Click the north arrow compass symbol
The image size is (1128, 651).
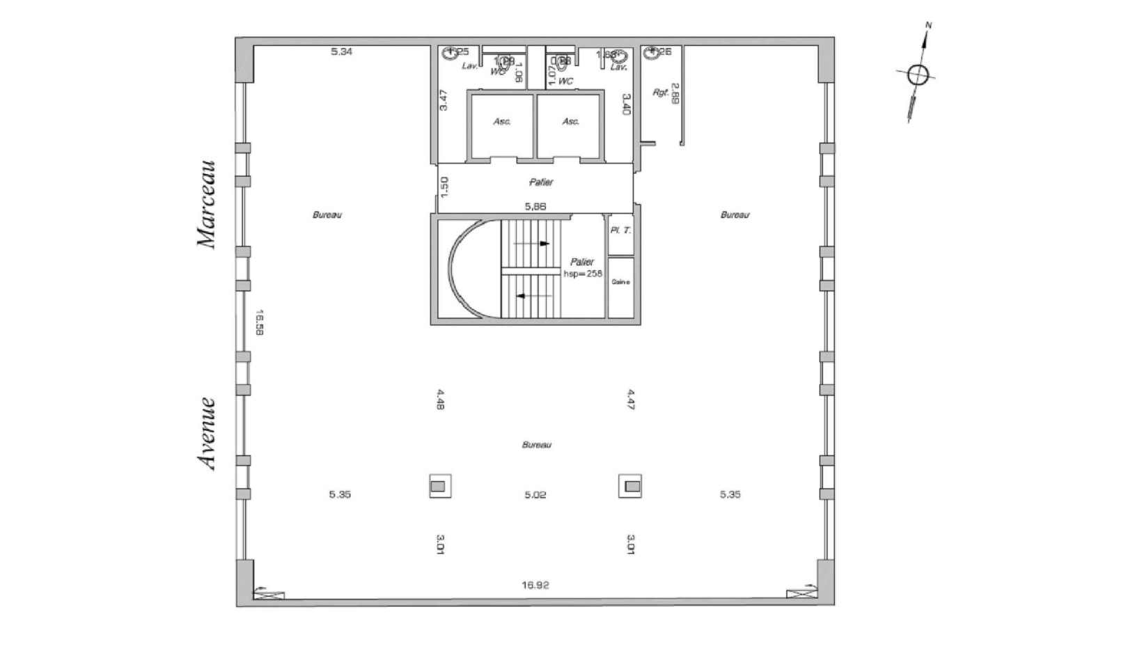point(918,74)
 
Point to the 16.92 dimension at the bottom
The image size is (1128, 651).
point(535,585)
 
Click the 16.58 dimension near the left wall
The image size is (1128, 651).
point(259,322)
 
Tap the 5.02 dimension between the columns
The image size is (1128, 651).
point(535,495)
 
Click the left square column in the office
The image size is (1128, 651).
point(439,486)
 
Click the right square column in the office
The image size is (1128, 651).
point(630,486)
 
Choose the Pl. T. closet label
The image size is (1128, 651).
point(620,230)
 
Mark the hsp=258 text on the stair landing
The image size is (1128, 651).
point(583,274)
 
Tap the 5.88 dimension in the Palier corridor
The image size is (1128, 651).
point(535,206)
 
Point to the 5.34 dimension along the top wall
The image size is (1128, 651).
point(341,52)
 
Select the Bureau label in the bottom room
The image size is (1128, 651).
point(536,444)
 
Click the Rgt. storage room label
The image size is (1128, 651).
point(660,92)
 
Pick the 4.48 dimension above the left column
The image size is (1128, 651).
point(440,399)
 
